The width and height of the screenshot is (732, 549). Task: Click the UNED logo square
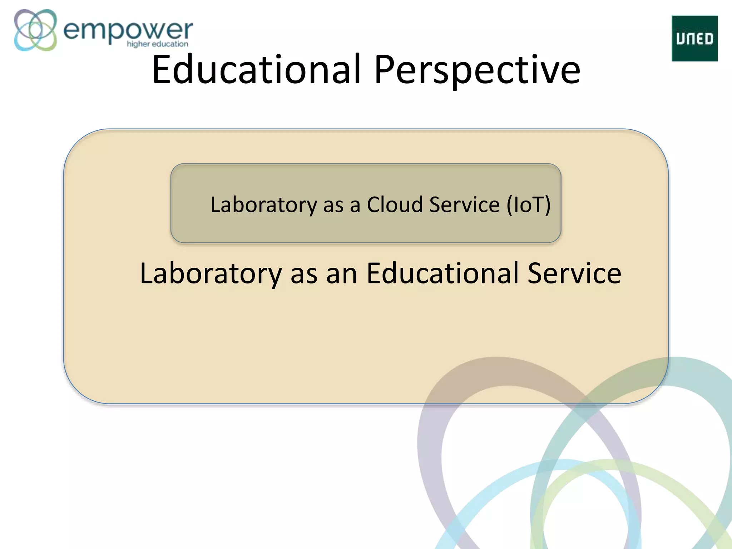point(694,39)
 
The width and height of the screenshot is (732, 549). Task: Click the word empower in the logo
point(128,30)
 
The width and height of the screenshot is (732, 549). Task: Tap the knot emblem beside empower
point(35,30)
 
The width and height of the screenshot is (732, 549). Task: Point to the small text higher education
point(157,44)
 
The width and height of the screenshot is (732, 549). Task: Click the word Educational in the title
point(257,69)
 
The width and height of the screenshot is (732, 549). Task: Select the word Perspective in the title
point(477,69)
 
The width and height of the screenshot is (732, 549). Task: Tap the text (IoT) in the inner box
point(528,204)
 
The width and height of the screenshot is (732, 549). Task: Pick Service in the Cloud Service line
point(464,204)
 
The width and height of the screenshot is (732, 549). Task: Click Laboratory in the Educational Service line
point(211,273)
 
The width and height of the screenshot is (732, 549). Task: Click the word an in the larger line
point(341,274)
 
